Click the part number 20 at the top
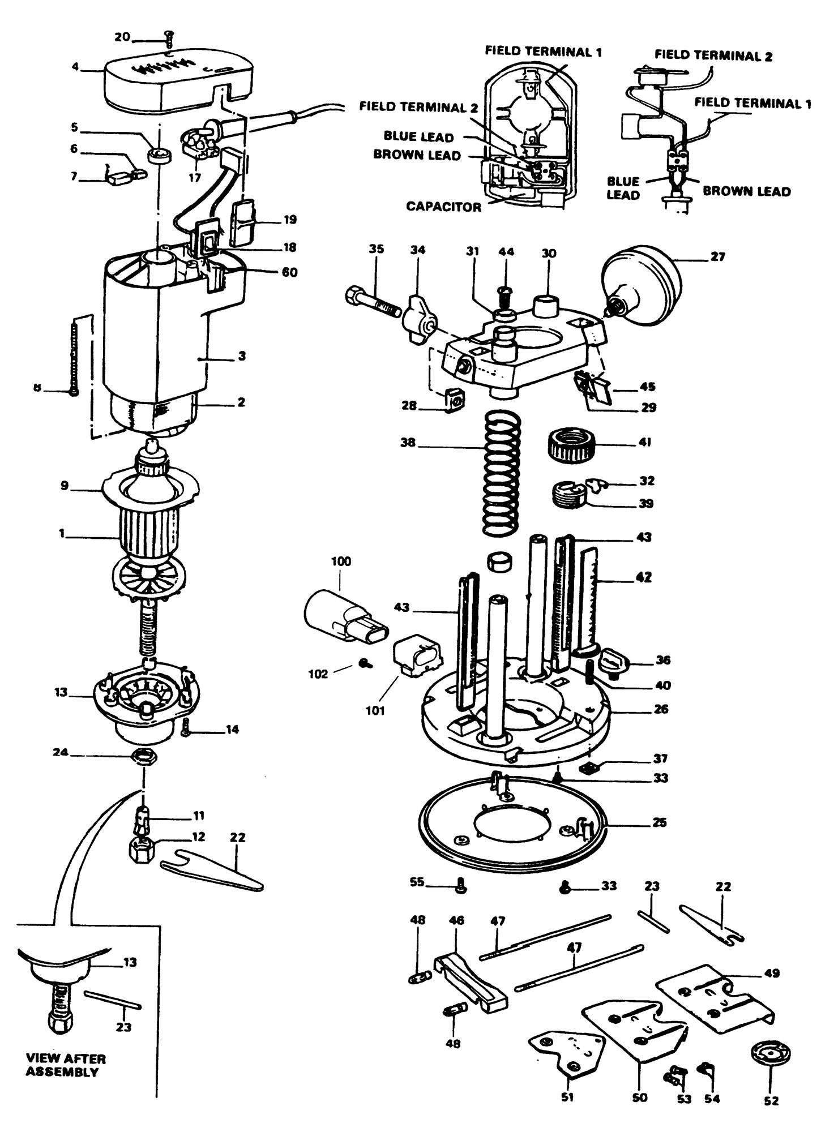(122, 37)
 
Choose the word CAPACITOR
(443, 207)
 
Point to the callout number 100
(341, 562)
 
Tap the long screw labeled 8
(74, 355)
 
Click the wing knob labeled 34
(420, 320)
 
